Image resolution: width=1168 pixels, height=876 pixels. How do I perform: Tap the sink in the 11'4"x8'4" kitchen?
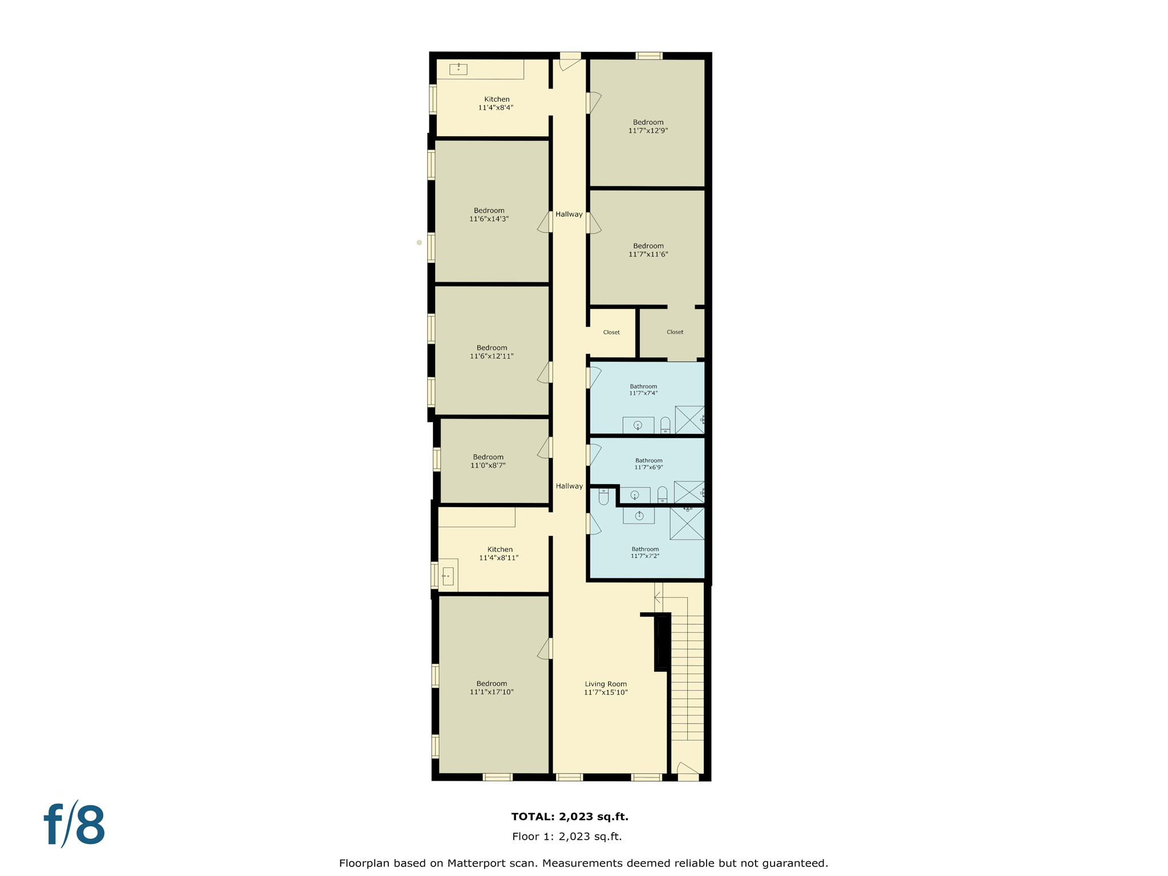click(x=458, y=70)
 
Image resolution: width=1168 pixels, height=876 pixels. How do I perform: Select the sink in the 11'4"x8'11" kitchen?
click(x=448, y=576)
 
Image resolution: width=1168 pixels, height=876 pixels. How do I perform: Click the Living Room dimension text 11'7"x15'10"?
click(x=606, y=692)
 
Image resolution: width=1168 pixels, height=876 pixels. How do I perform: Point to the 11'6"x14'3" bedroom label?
click(x=489, y=214)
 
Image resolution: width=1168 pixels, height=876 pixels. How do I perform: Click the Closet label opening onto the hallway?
click(x=611, y=332)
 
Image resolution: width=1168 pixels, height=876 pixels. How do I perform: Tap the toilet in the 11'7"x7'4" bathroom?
click(x=665, y=425)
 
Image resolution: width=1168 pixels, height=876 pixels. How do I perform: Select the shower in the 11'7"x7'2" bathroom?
click(x=687, y=523)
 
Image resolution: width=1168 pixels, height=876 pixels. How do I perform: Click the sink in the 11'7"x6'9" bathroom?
click(x=635, y=495)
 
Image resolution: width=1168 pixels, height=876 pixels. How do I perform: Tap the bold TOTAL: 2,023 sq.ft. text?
click(x=570, y=816)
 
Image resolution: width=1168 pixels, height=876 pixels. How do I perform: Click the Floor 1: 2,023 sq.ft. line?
click(x=567, y=836)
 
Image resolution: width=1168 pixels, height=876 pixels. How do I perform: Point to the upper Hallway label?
click(x=569, y=214)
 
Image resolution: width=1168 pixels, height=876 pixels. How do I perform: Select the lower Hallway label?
click(x=569, y=486)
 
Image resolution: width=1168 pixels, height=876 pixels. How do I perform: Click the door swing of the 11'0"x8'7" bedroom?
click(x=544, y=448)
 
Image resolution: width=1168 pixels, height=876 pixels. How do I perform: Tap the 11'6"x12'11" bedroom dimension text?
click(x=492, y=356)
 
